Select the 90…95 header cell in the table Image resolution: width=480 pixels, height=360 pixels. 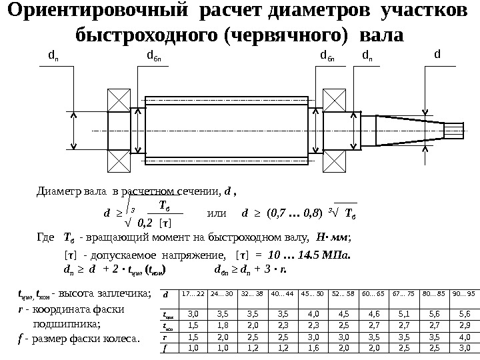click(x=464, y=293)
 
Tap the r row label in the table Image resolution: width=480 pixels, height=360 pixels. click(x=166, y=336)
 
